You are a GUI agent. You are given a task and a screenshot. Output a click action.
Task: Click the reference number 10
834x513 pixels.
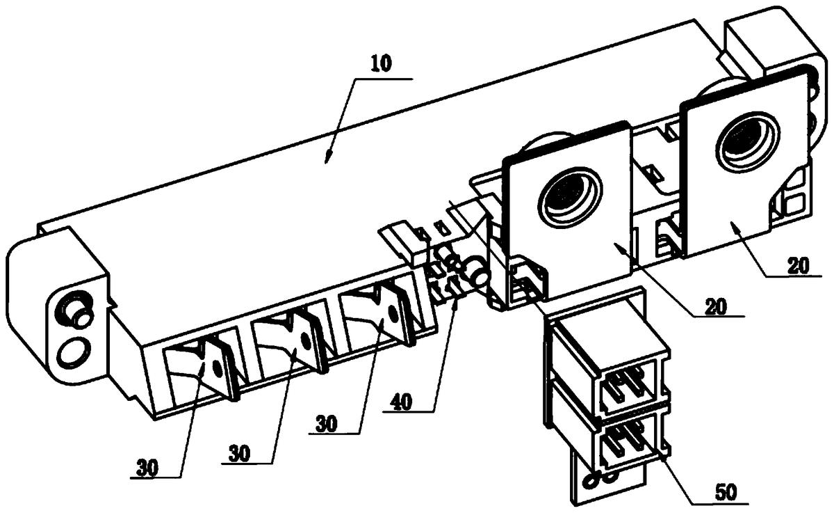[381, 64]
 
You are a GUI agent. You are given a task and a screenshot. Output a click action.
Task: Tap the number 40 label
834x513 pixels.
[401, 402]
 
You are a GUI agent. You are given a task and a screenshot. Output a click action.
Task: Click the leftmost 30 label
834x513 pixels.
[147, 468]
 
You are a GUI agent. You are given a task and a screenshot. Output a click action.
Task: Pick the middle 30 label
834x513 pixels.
[239, 454]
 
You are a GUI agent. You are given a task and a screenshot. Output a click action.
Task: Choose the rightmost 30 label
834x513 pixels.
[326, 425]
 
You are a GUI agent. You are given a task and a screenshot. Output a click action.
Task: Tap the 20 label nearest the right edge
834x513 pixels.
[798, 266]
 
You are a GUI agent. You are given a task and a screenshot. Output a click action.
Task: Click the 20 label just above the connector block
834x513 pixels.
[715, 306]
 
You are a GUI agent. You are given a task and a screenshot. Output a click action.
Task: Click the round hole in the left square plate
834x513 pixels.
[570, 196]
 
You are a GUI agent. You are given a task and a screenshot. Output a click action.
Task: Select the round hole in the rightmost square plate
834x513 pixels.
[747, 141]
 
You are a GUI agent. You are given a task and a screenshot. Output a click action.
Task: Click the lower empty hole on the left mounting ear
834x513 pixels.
[75, 352]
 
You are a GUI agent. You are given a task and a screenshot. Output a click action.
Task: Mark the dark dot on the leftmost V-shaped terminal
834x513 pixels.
[217, 370]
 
